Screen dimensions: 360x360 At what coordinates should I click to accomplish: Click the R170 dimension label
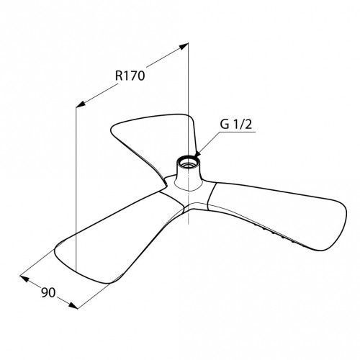click(x=130, y=76)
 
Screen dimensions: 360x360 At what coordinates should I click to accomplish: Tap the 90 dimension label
click(x=48, y=292)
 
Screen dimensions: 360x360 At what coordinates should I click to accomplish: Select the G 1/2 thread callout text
click(x=236, y=125)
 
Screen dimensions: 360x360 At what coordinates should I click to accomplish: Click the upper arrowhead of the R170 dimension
click(x=184, y=46)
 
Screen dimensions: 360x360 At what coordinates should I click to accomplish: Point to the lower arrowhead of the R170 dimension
click(x=80, y=104)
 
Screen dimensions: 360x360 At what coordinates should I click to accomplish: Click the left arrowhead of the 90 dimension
click(x=24, y=279)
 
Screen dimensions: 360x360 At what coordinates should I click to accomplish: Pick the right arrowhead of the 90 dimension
click(x=73, y=305)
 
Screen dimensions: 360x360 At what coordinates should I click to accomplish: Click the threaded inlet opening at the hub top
click(x=189, y=162)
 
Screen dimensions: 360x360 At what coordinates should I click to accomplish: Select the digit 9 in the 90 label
click(x=45, y=292)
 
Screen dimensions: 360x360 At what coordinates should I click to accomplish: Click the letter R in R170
click(x=119, y=76)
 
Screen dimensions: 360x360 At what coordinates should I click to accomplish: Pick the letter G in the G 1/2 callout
click(x=225, y=125)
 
